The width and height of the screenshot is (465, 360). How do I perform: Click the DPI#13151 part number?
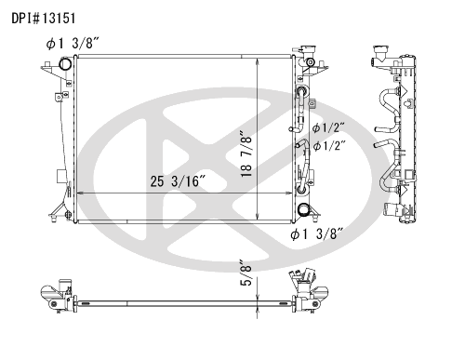coord(44,19)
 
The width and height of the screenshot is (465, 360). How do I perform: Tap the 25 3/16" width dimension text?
coord(178,181)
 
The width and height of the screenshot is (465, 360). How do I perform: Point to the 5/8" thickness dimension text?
coord(246,273)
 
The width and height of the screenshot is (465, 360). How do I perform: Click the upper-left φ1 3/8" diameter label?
coord(73,44)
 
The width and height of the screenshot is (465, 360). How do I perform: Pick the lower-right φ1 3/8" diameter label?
coord(316,233)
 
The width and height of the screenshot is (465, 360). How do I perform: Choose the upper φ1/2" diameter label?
coord(329,127)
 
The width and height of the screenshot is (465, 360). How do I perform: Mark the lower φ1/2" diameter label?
coord(329,146)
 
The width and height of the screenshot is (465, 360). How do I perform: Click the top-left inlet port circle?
coord(65,64)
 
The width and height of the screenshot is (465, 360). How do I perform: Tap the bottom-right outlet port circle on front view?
coord(303,209)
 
